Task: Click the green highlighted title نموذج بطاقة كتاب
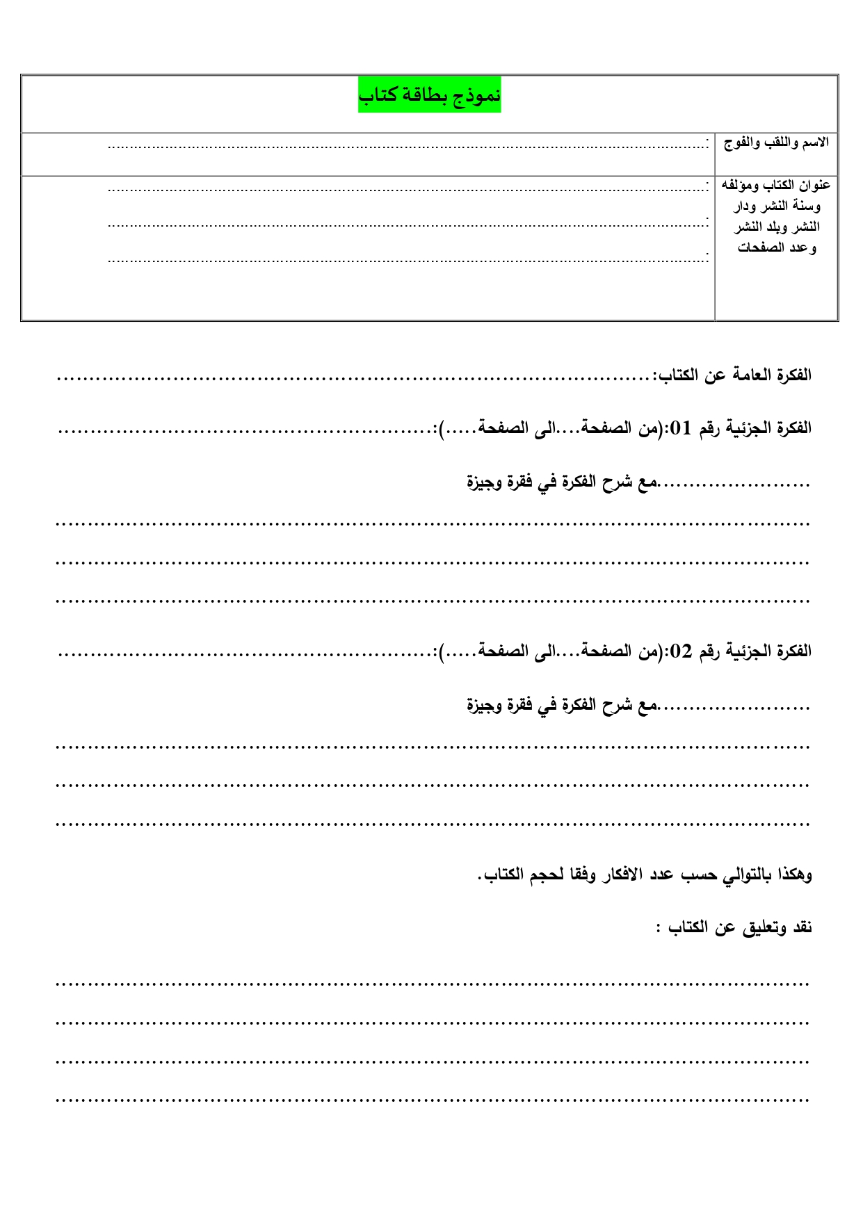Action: coord(429,95)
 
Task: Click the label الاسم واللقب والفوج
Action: coord(776,143)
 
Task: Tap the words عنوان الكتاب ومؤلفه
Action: coord(776,185)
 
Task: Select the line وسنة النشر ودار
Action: coord(777,206)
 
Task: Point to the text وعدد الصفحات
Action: coord(777,247)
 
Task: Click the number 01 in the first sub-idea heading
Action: coord(680,428)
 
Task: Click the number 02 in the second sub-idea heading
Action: coord(680,651)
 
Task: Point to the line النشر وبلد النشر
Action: coord(777,227)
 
